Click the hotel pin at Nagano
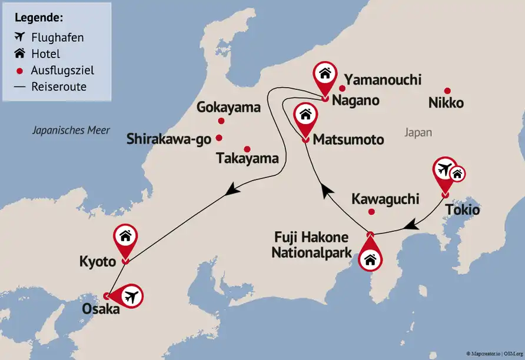324,75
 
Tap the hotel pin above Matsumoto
305,115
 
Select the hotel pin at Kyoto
125,237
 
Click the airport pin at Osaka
131,295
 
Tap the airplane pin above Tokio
444,170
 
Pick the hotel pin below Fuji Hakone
370,258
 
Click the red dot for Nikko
447,91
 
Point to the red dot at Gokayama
221,121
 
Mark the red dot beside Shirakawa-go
219,138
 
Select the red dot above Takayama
247,149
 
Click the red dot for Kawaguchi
371,212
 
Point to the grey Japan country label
418,132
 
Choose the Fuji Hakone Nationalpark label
311,244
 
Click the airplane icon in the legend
21,38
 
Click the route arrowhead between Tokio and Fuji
413,225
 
